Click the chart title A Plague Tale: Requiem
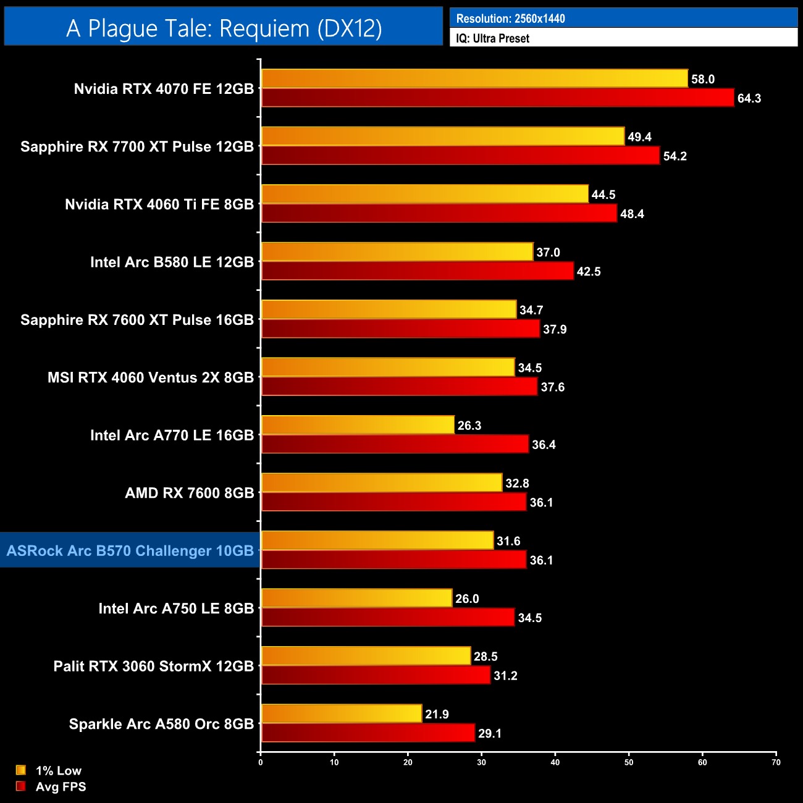click(x=224, y=28)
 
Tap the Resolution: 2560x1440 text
click(x=510, y=19)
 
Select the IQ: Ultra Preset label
click(x=492, y=38)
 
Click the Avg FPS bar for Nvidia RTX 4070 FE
click(x=497, y=98)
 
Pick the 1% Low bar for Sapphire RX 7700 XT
click(x=442, y=137)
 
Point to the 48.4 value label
click(x=632, y=214)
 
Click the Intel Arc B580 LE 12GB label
click(x=172, y=262)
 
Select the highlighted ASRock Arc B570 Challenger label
click(x=130, y=550)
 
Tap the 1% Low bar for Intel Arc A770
click(x=358, y=425)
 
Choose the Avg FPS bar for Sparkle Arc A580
click(x=368, y=733)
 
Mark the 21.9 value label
click(x=437, y=714)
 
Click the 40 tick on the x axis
click(x=555, y=762)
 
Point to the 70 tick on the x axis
click(x=776, y=762)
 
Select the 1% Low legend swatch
click(x=21, y=770)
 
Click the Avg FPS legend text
click(x=61, y=786)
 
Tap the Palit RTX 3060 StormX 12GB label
click(x=153, y=666)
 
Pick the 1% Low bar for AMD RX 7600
click(x=382, y=483)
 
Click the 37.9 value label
click(x=555, y=329)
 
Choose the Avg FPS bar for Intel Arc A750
click(x=387, y=618)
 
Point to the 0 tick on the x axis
click(x=261, y=762)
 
